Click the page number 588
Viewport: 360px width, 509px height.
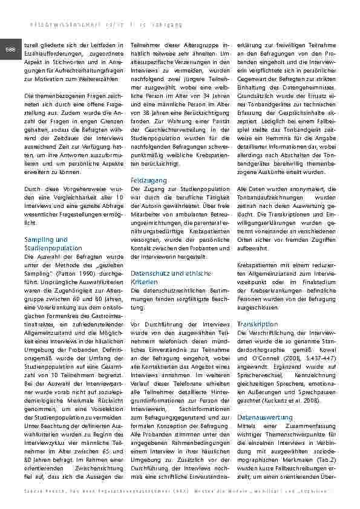(x=10, y=49)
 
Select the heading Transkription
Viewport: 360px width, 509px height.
(x=258, y=324)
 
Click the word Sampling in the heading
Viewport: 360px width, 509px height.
(x=37, y=239)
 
